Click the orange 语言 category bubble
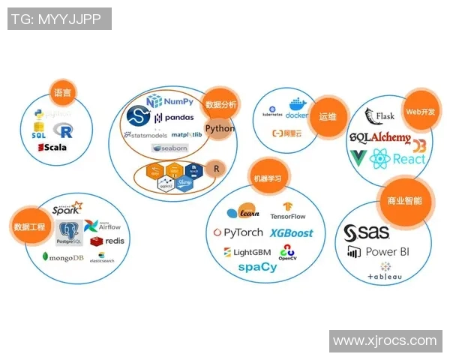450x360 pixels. pyautogui.click(x=62, y=94)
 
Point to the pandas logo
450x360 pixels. pyautogui.click(x=174, y=118)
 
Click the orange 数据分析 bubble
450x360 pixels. pyautogui.click(x=220, y=105)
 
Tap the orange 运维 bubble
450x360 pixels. pyautogui.click(x=328, y=117)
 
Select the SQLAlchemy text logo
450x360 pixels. pyautogui.click(x=380, y=138)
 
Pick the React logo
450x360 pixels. pyautogui.click(x=398, y=158)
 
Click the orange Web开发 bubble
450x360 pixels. pyautogui.click(x=419, y=111)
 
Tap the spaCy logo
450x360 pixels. pyautogui.click(x=257, y=267)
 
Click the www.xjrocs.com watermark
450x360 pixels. pyautogui.click(x=384, y=340)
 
